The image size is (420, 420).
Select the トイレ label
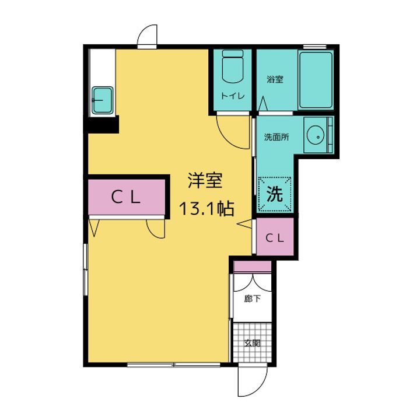(x=232, y=96)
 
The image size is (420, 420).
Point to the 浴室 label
(x=275, y=79)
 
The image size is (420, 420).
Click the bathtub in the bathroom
(x=316, y=80)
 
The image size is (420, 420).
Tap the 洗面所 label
(x=276, y=138)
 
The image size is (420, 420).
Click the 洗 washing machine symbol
(x=274, y=193)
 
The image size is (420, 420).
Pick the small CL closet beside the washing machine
(x=275, y=237)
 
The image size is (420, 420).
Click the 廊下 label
(x=252, y=298)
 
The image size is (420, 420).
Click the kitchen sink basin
(x=103, y=99)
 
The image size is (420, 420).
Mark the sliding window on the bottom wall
(x=173, y=365)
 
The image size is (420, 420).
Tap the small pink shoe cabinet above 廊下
(x=252, y=267)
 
